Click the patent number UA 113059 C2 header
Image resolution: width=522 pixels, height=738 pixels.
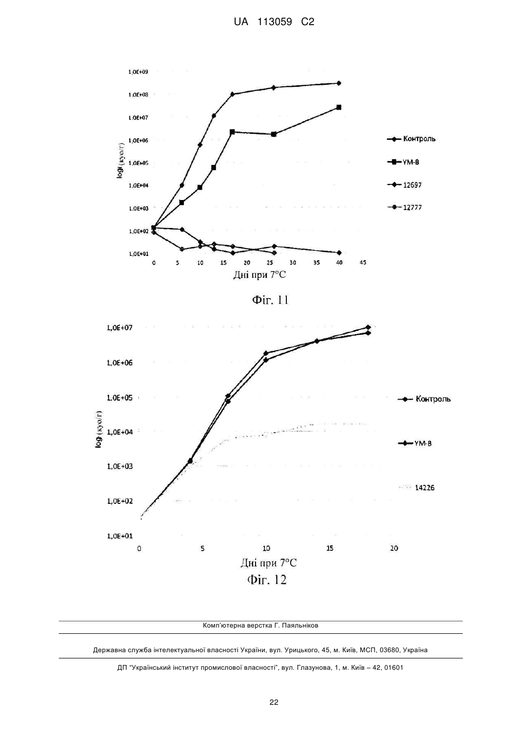(x=274, y=22)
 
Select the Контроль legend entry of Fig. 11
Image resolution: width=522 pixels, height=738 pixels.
(x=411, y=139)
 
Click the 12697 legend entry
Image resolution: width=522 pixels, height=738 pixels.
(x=404, y=185)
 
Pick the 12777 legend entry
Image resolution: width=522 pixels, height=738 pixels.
(x=404, y=207)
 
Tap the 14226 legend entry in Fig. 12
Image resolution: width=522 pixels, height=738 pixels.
(x=417, y=488)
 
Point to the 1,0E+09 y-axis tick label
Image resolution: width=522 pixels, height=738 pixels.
(x=138, y=72)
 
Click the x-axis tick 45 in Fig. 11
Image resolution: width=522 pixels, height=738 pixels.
(x=363, y=263)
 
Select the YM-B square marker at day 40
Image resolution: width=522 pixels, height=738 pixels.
(x=339, y=107)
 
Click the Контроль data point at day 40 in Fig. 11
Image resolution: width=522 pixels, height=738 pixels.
(x=339, y=83)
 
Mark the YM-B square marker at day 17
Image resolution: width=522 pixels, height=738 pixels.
(x=232, y=132)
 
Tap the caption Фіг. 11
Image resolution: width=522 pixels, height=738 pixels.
(x=270, y=300)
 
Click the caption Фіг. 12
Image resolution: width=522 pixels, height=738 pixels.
(x=267, y=580)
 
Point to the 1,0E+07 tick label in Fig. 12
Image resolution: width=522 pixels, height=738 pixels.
(x=119, y=328)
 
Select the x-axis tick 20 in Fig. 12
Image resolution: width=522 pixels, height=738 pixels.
(x=394, y=548)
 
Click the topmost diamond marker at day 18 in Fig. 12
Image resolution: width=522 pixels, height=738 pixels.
(x=368, y=327)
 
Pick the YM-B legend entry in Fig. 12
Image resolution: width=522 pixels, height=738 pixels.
(x=415, y=444)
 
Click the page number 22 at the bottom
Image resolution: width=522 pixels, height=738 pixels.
(x=274, y=702)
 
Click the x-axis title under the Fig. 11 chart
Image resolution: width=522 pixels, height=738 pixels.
(x=259, y=275)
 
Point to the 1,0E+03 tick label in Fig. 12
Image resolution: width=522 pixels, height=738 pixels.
(x=119, y=466)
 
